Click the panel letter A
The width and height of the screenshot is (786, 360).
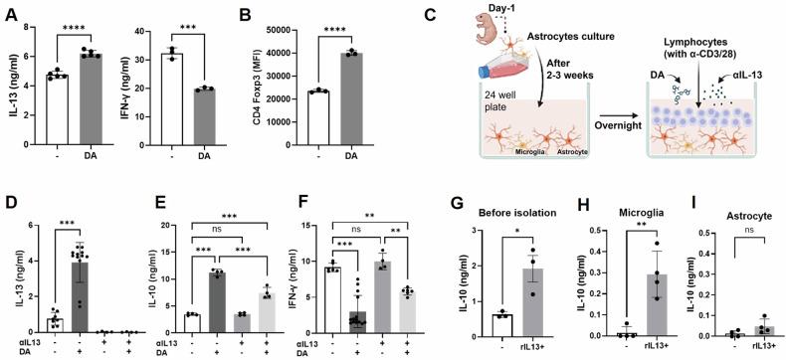pyautogui.click(x=10, y=11)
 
